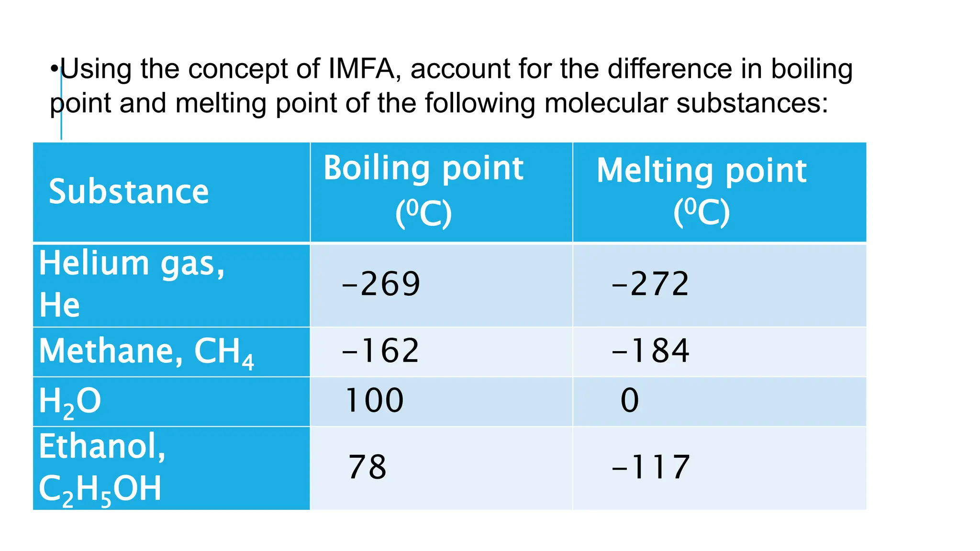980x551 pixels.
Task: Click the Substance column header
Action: click(129, 192)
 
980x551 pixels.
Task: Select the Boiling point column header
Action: click(423, 189)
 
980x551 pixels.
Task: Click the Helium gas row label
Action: click(132, 284)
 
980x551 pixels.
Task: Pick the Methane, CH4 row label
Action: click(146, 352)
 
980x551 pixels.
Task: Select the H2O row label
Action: click(70, 401)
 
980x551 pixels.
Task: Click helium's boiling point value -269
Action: click(381, 284)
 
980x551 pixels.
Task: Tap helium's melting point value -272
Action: click(650, 284)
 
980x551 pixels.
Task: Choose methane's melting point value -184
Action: click(650, 351)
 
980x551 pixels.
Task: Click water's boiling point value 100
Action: click(374, 400)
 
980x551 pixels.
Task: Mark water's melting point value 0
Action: click(629, 400)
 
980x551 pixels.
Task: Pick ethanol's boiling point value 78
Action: click(367, 467)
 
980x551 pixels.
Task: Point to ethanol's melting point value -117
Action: click(651, 467)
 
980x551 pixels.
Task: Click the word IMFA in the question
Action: click(361, 69)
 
